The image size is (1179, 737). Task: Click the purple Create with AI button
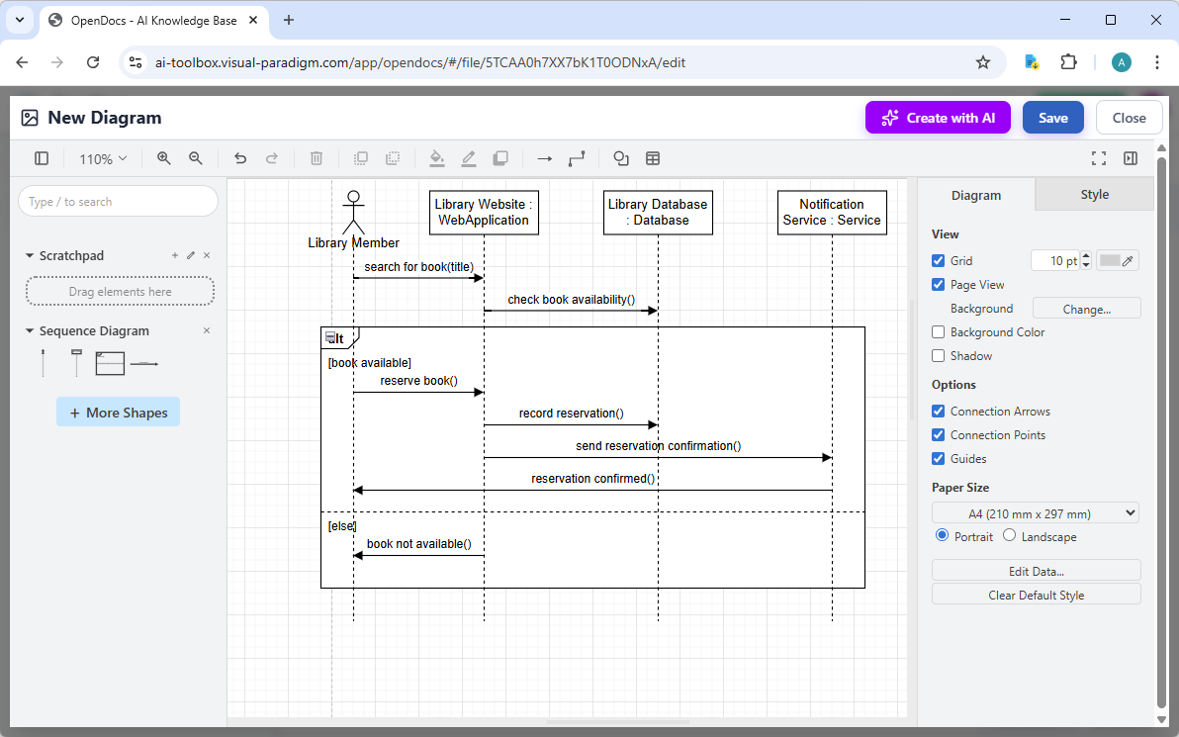tap(938, 118)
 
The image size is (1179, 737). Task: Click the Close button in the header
tap(1129, 118)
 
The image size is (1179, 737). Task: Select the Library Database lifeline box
tap(658, 213)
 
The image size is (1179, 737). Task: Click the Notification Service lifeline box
tap(832, 213)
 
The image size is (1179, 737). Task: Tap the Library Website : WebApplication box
tap(484, 213)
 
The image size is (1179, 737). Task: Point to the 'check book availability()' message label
tap(571, 300)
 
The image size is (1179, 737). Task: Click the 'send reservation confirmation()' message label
tap(658, 446)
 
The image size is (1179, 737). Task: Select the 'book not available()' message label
tap(418, 544)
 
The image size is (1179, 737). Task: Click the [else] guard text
tap(342, 526)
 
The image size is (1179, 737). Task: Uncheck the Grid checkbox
tap(939, 261)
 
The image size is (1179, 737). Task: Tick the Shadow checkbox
tap(939, 356)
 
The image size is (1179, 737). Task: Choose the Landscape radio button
tap(1009, 536)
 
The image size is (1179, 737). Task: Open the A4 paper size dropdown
tap(1036, 513)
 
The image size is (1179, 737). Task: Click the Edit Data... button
tap(1036, 571)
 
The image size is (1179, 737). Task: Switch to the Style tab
tap(1094, 195)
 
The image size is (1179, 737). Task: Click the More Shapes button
tap(118, 413)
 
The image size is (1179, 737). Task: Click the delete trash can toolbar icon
tap(317, 158)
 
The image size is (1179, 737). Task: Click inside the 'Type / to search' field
tap(118, 202)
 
